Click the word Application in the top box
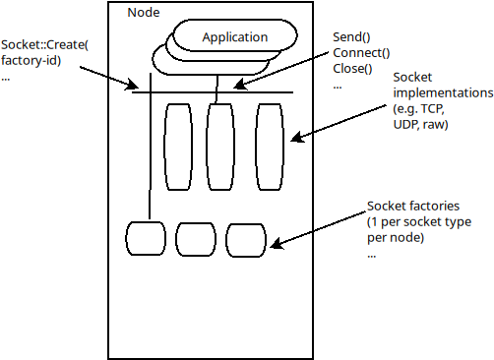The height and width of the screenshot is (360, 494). click(x=234, y=37)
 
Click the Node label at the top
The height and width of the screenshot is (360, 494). click(x=147, y=12)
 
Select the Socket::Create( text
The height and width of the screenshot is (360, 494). click(x=45, y=45)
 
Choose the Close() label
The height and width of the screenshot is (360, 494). click(x=354, y=68)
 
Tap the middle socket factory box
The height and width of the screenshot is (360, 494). click(x=195, y=238)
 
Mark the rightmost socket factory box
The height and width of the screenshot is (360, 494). click(x=244, y=238)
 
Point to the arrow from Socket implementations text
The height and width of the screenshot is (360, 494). click(x=344, y=116)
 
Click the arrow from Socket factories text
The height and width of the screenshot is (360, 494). click(x=320, y=227)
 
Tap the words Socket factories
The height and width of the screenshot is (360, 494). click(x=412, y=207)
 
